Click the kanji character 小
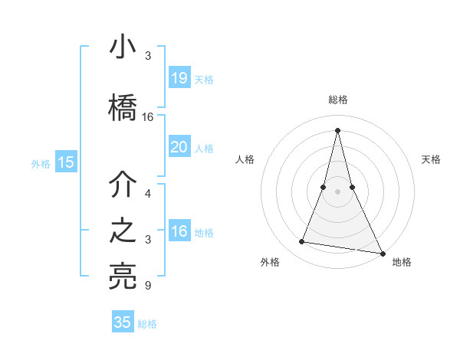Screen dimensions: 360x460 [123, 48]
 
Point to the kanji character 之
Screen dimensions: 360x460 [123, 232]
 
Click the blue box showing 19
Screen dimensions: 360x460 [179, 77]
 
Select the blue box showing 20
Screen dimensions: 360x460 [179, 146]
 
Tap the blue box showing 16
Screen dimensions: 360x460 [179, 231]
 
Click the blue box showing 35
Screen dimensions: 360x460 [123, 322]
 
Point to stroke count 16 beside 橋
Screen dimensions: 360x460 [148, 117]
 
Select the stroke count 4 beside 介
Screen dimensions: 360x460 [148, 193]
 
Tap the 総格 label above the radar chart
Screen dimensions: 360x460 [338, 100]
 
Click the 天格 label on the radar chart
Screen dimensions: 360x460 [431, 159]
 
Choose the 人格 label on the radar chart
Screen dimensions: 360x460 [245, 159]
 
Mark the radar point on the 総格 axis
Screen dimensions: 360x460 [338, 130]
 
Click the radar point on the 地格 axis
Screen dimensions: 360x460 [383, 253]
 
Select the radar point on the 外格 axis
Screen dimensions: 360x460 [302, 242]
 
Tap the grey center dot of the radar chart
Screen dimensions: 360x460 [338, 201]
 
